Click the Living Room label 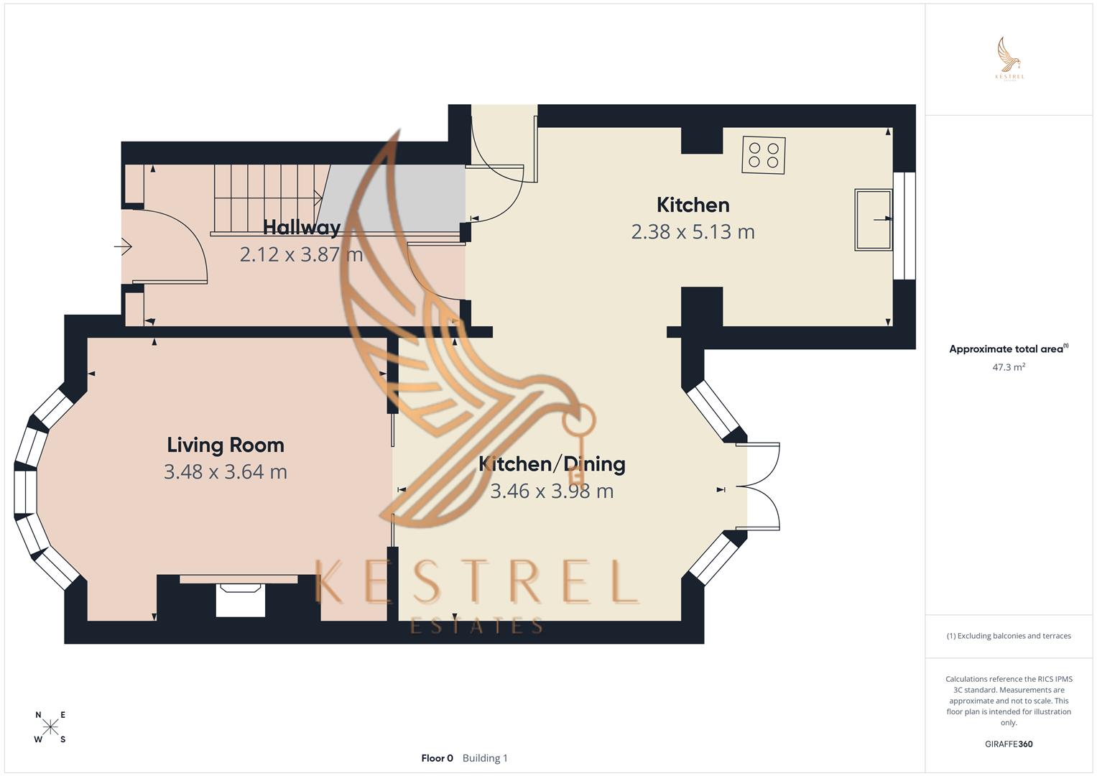pos(226,445)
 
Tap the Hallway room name pos(301,228)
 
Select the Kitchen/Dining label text pos(552,464)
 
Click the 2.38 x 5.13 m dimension pos(693,232)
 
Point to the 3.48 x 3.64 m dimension pos(226,472)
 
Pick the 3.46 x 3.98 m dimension pos(552,491)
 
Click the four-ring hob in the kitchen pos(763,154)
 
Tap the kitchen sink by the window pos(873,219)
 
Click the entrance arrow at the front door pos(124,247)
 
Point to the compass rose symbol pos(50,727)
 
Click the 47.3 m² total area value pos(1009,367)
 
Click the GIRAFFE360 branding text pos(1009,744)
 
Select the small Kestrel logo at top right pos(1009,59)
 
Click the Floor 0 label pos(437,758)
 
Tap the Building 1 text pos(485,758)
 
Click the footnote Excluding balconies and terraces pos(1009,636)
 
